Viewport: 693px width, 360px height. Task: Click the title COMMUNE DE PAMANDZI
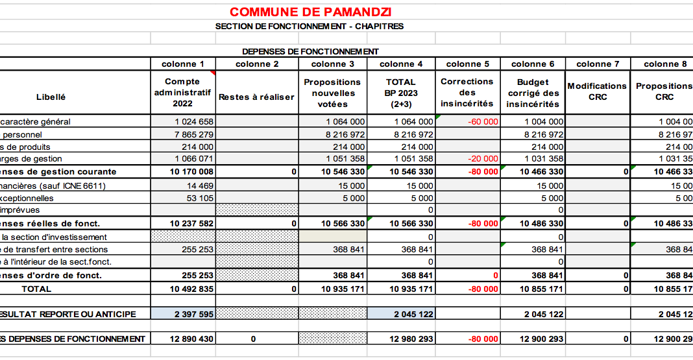pyautogui.click(x=310, y=12)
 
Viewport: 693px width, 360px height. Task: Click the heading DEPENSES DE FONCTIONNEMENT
pyautogui.click(x=310, y=51)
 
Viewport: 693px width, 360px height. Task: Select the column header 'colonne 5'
pyautogui.click(x=467, y=64)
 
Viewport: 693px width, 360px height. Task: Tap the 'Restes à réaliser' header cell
pyautogui.click(x=256, y=97)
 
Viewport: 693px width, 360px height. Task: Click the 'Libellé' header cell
pyautogui.click(x=51, y=97)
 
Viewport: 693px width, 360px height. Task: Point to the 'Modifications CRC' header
pyautogui.click(x=597, y=91)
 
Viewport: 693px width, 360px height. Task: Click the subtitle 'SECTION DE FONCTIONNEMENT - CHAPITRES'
pyautogui.click(x=310, y=27)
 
